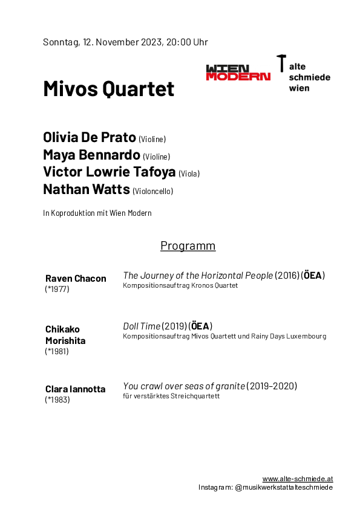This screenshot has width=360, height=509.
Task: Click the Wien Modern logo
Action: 238,73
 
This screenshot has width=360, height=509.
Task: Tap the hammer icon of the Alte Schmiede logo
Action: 281,63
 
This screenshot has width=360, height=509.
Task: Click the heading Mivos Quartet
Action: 109,89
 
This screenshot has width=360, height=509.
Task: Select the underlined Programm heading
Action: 188,246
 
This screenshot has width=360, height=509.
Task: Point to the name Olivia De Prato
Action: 90,137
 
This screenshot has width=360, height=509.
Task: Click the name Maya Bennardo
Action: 91,155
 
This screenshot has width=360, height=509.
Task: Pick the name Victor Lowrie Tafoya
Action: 110,172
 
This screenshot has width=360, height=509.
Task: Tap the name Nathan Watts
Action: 87,189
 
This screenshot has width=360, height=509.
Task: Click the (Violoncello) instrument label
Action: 152,191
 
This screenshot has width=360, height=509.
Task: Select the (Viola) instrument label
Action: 189,173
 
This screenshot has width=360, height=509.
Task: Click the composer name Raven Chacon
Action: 76,279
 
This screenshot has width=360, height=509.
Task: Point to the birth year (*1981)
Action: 57,351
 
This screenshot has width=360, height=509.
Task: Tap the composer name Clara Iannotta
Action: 76,389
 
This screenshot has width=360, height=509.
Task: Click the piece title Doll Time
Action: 142,326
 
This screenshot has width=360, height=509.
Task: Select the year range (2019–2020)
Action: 272,386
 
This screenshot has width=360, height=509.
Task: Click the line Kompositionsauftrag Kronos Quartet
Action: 180,285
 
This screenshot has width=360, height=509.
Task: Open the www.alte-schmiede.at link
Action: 298,479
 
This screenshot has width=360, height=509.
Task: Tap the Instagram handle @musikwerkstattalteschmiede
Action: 284,487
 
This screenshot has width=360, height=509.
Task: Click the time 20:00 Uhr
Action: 187,42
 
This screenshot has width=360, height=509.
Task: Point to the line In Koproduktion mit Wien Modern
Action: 97,213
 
